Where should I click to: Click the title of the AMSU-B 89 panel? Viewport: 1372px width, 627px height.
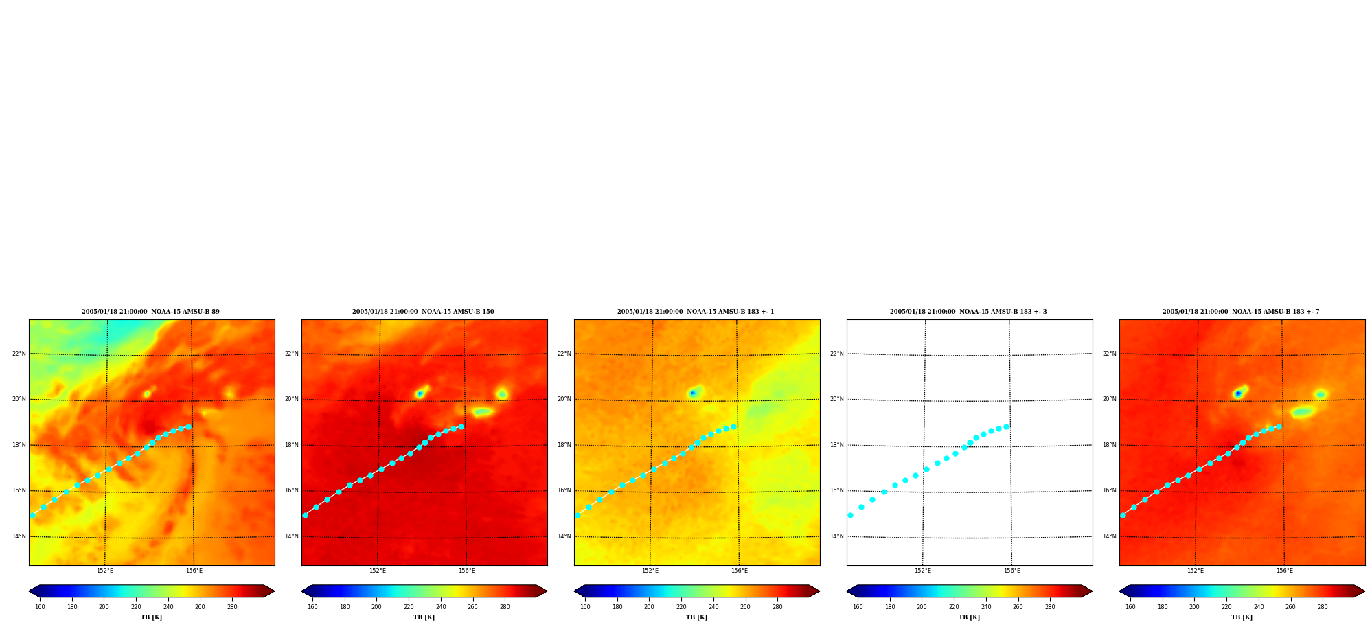coord(151,312)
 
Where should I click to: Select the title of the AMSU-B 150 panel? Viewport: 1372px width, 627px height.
coord(423,312)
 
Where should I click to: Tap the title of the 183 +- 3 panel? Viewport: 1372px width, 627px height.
coord(968,312)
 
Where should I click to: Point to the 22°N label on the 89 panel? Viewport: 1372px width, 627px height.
coord(19,354)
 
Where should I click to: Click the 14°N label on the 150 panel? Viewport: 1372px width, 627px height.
coord(292,536)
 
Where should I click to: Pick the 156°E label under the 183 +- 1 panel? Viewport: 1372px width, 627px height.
coord(740,571)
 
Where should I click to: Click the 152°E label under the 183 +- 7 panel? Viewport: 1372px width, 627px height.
coord(1196,571)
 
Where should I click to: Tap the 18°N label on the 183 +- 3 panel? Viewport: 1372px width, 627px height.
coord(837,445)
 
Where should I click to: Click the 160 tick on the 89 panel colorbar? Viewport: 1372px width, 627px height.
coord(40,607)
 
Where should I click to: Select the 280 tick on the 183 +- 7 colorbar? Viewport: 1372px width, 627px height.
coord(1323,607)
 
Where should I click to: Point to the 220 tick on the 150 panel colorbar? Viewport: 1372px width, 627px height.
coord(409,607)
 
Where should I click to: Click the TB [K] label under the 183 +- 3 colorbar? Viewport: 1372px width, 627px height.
coord(969,617)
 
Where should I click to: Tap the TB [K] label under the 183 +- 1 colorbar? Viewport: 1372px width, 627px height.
coord(696,617)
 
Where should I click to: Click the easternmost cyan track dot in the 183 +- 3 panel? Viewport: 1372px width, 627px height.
coord(1006,426)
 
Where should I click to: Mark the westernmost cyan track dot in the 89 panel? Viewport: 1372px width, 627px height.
coord(32,515)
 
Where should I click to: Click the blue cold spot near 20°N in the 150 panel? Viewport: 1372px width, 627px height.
coord(420,394)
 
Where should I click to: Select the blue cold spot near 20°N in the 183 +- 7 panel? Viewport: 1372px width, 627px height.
coord(1237,394)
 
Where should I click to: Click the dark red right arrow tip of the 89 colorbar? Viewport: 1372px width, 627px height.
coord(274,591)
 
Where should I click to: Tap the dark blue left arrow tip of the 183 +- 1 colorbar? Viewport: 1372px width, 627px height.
coord(575,591)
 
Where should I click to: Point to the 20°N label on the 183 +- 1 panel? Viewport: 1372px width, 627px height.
coord(564,399)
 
